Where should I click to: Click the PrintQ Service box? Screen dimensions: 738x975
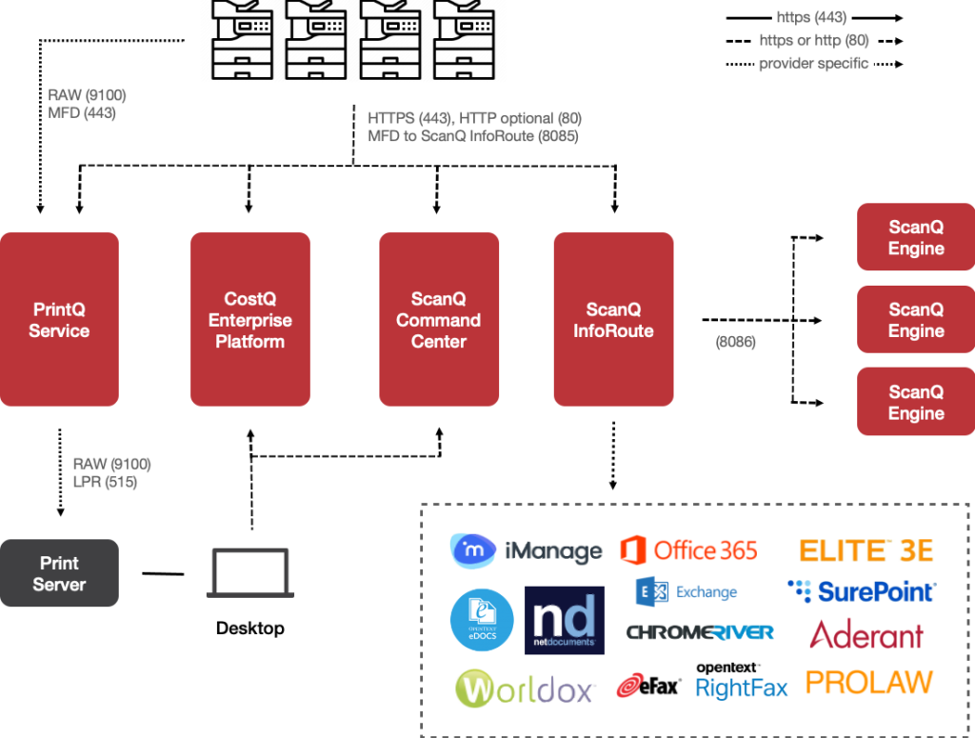click(59, 320)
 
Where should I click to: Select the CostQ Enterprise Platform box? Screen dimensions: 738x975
click(249, 320)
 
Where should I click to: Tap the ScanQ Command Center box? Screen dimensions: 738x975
click(438, 320)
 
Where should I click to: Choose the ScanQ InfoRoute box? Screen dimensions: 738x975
click(613, 320)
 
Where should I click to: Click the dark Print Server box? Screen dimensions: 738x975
click(59, 573)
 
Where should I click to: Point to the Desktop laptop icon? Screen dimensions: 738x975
click(249, 574)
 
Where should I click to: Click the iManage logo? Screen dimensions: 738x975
click(526, 549)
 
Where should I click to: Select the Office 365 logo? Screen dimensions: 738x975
click(688, 549)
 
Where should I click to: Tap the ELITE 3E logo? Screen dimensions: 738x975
click(865, 549)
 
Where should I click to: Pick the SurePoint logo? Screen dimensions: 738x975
click(862, 591)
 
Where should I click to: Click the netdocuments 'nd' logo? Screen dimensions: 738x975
click(564, 620)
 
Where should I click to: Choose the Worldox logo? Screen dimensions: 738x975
click(525, 688)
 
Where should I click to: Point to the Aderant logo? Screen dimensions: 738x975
click(866, 635)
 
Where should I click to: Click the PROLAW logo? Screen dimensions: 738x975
click(867, 682)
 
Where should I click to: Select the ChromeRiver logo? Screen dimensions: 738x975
click(700, 631)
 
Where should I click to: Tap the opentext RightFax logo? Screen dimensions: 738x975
click(742, 681)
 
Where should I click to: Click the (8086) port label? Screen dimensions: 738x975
click(735, 341)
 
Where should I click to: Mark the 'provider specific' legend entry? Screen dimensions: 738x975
click(813, 64)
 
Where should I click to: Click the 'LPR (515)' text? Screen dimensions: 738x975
click(105, 483)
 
